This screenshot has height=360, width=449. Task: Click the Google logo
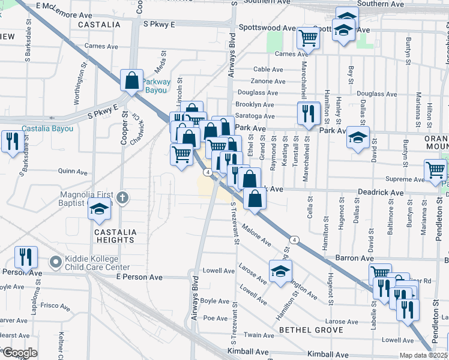20,353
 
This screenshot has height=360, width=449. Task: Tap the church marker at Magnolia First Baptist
122,197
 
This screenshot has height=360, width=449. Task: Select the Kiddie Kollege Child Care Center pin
56,262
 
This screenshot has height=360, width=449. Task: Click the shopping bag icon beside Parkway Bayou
131,80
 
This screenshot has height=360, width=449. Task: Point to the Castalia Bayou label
47,128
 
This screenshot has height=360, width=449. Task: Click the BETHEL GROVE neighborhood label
310,330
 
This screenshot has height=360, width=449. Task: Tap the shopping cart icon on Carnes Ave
308,38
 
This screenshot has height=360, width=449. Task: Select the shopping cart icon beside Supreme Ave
435,170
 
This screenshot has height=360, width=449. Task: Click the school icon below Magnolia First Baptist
100,209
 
